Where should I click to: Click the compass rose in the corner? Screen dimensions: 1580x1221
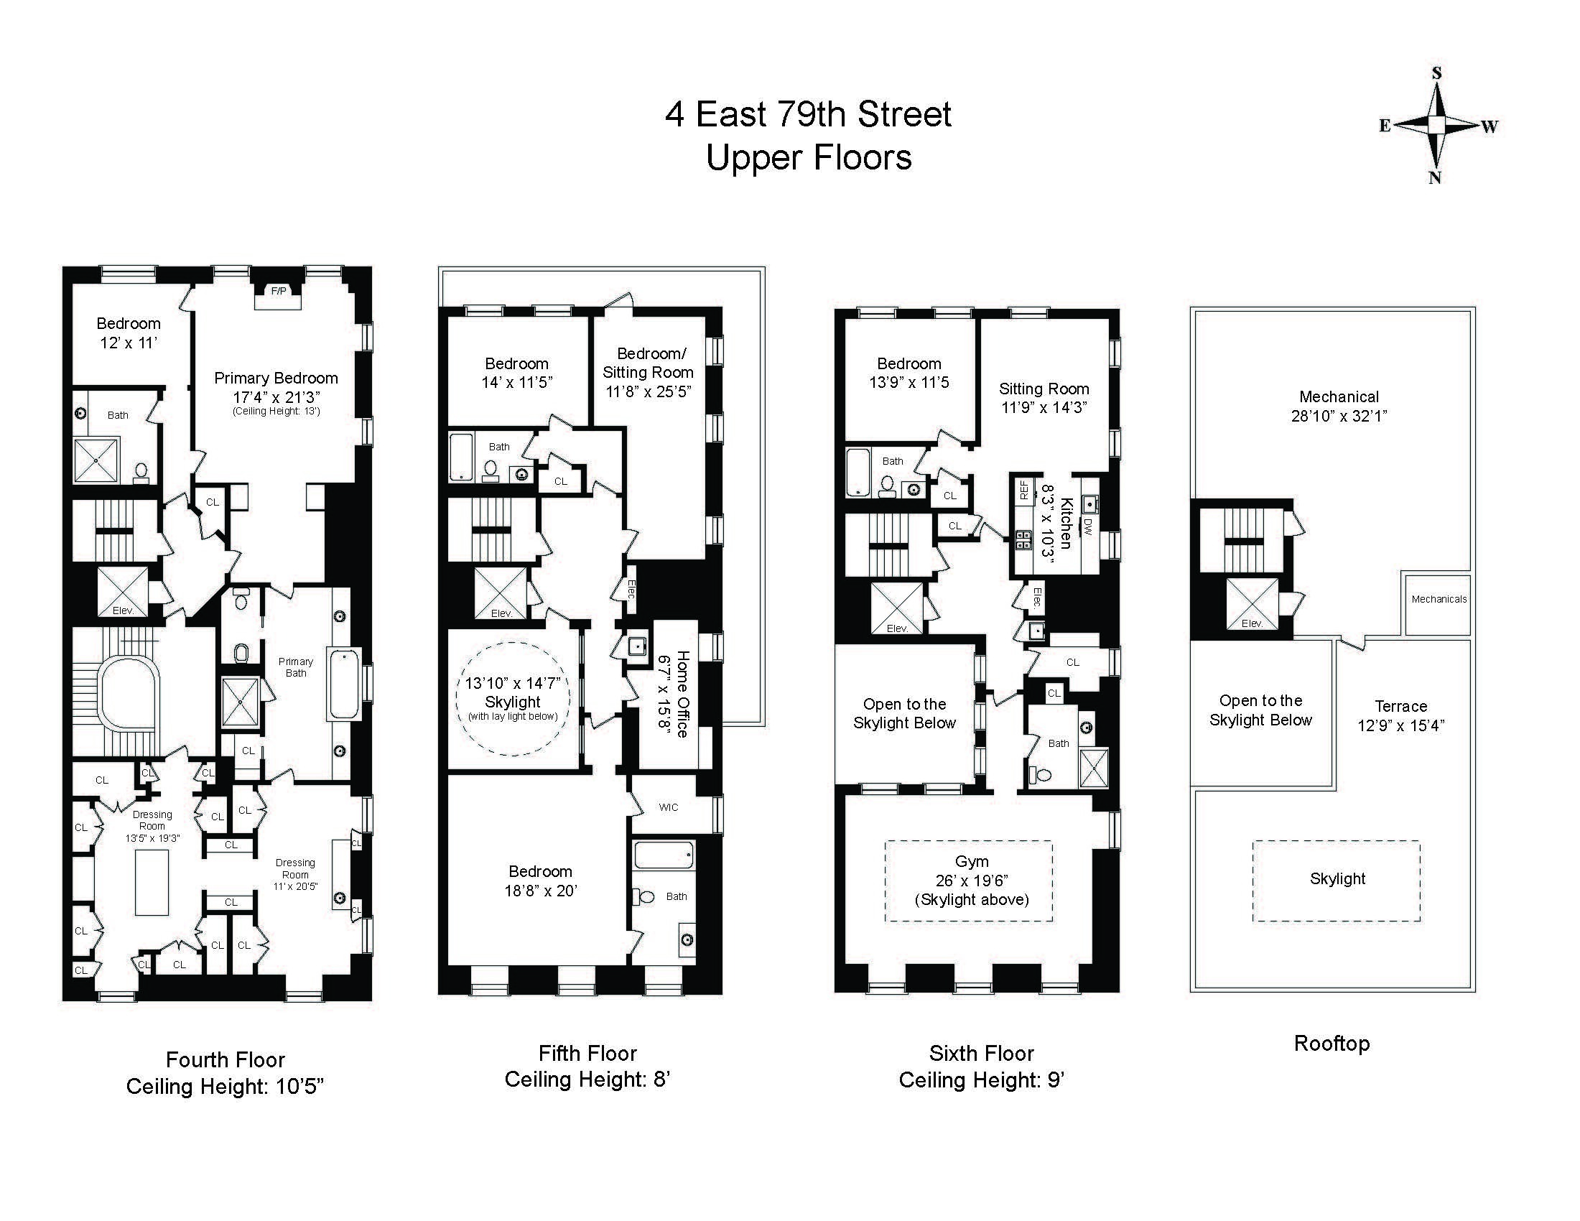click(x=1437, y=125)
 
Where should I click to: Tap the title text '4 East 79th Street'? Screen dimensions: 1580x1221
click(x=808, y=114)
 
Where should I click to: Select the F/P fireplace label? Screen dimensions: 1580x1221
click(x=279, y=291)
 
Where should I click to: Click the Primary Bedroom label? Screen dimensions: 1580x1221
click(x=276, y=378)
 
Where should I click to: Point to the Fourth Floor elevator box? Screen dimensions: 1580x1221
click(x=122, y=592)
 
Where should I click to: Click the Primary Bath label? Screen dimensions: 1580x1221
click(x=296, y=667)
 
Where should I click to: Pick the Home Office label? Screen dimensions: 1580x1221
click(x=682, y=694)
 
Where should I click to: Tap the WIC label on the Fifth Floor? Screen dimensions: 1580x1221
click(x=669, y=807)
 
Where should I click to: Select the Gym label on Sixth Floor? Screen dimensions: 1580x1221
click(x=972, y=860)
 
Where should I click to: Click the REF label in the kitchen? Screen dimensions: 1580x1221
click(x=1023, y=491)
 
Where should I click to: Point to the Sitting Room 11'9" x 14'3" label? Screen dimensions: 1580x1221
click(x=1044, y=398)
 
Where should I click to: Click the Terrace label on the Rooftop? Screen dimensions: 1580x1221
click(x=1400, y=706)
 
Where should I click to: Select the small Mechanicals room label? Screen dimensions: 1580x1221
click(x=1439, y=599)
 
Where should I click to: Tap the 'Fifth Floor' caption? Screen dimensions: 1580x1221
click(x=587, y=1053)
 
